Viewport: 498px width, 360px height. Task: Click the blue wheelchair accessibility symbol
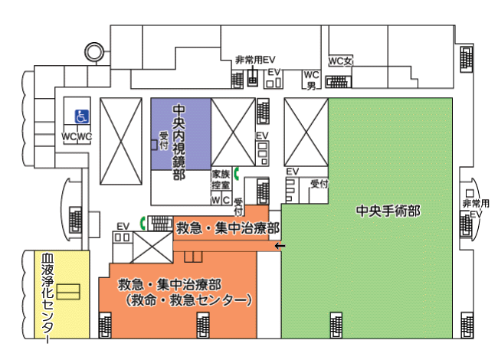(82, 116)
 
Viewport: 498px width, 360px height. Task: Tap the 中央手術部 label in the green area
(388, 211)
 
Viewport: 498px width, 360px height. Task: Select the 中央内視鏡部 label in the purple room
(179, 142)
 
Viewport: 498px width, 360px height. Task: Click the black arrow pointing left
(280, 246)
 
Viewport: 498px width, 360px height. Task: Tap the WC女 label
(340, 61)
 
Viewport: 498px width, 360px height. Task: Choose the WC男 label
(311, 80)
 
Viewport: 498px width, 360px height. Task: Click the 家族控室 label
(221, 179)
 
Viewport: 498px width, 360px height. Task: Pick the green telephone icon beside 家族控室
(236, 173)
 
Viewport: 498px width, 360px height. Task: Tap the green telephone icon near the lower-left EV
(143, 223)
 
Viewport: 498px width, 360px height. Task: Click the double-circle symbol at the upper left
(94, 51)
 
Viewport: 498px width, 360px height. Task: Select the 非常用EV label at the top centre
(255, 60)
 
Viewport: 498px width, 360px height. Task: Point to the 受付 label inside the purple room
(163, 140)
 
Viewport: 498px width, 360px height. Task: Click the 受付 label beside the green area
(319, 183)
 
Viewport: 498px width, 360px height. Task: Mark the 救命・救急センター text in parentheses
(188, 300)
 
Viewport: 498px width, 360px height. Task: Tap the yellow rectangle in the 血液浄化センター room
(68, 292)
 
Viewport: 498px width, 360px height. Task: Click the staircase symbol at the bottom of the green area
(336, 325)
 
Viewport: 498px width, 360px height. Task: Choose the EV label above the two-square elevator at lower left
(123, 227)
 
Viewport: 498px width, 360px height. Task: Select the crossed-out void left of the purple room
(121, 141)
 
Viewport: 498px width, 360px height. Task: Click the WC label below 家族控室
(221, 200)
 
